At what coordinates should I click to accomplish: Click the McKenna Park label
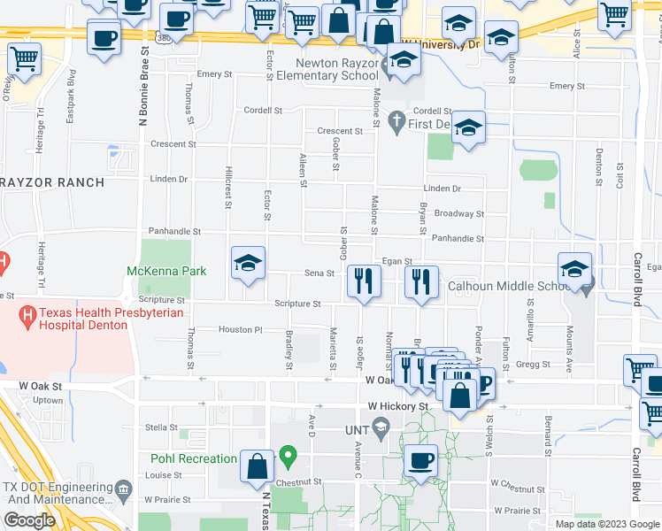[166, 270]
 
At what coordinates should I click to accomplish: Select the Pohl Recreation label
[194, 458]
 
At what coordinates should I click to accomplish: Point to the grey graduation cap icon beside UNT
[381, 429]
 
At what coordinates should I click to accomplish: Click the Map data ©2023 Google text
[606, 523]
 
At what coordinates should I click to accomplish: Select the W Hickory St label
[398, 406]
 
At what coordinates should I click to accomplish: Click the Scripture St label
[297, 304]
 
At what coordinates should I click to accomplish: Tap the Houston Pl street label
[241, 330]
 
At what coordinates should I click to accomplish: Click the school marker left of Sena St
[248, 263]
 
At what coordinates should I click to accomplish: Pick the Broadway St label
[459, 213]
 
